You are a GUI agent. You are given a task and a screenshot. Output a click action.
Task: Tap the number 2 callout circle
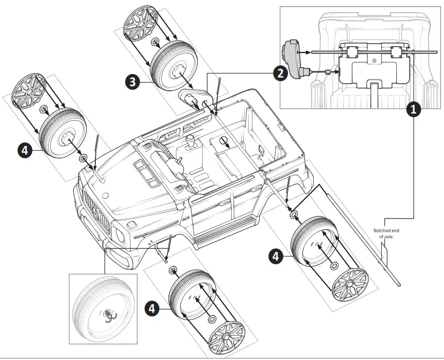tap(279, 74)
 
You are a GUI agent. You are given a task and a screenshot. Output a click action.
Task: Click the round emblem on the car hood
tap(105, 195)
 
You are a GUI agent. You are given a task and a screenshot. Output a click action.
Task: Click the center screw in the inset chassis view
tap(374, 61)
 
